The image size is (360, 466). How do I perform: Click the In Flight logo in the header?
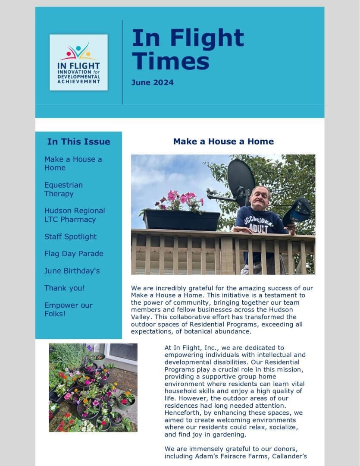point(78,63)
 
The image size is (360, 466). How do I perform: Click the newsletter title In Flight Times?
point(188,49)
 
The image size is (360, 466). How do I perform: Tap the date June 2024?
point(153,82)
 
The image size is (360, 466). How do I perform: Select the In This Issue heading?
point(78,142)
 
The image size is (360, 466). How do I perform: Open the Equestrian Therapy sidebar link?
point(63,189)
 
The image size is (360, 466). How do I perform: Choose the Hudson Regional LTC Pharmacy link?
point(75,215)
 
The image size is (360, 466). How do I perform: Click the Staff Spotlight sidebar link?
point(70,236)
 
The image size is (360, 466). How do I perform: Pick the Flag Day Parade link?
point(74,254)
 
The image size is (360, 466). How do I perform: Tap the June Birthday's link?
point(72,271)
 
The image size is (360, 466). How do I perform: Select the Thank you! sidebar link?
point(65,288)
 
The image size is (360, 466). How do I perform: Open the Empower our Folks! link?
point(69,309)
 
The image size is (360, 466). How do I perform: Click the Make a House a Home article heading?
point(223,142)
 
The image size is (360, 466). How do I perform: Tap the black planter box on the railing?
point(182,220)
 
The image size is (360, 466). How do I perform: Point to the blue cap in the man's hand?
point(298,211)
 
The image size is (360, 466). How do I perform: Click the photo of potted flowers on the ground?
point(93,387)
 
